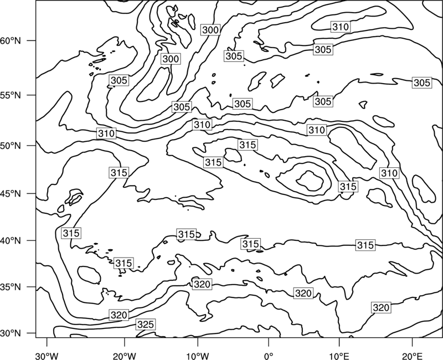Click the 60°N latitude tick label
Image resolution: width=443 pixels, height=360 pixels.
11,41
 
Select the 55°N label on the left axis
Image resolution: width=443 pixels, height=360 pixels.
11,95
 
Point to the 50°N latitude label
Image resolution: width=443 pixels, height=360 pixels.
11,146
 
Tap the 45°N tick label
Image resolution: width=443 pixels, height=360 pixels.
11,194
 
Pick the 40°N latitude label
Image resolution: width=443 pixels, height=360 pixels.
11,241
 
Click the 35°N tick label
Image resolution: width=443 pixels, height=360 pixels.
11,287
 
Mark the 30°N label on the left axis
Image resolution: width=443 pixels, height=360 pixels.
11,333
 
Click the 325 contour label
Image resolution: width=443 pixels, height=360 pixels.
146,325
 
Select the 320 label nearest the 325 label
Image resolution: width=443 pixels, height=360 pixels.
119,315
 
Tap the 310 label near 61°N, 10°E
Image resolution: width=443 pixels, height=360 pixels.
341,27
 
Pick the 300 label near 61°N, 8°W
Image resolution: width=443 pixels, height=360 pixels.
210,30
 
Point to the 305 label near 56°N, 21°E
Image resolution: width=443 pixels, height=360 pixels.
422,83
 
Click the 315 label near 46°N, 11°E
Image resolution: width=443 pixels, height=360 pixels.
348,187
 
